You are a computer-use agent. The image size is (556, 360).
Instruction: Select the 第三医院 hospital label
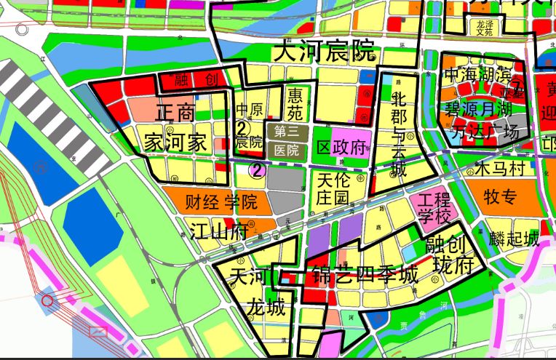click(287, 141)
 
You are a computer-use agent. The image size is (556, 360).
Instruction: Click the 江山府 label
click(219, 233)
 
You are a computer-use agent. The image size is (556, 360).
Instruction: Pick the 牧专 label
click(500, 197)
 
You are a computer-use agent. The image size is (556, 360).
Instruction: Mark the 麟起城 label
click(515, 239)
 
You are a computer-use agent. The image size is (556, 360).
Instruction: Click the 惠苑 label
click(295, 104)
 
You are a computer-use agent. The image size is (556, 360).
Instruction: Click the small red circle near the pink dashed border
click(47, 300)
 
